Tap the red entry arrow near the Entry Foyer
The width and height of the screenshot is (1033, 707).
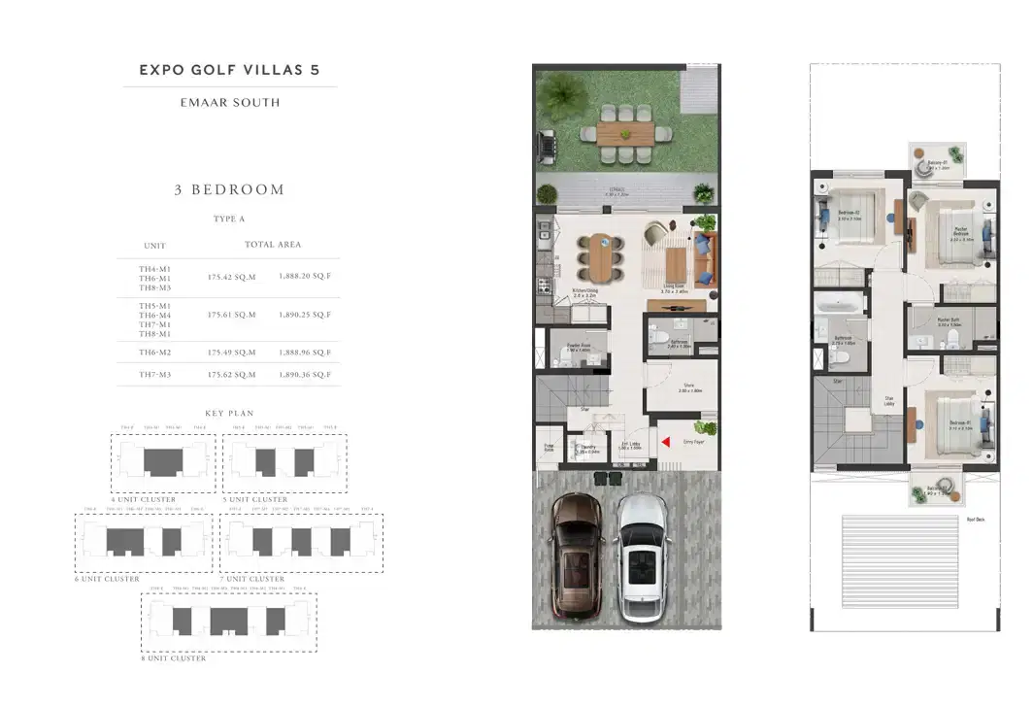pos(666,444)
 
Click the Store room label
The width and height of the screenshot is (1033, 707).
pos(689,387)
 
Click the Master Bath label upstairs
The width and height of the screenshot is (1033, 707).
pos(949,321)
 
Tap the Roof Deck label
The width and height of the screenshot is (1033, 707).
pos(976,520)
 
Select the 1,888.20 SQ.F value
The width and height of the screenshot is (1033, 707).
pos(306,276)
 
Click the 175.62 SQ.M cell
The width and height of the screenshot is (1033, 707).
pos(231,374)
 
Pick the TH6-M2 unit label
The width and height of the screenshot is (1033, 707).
pos(153,353)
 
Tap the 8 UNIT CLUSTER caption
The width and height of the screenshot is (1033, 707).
pos(174,658)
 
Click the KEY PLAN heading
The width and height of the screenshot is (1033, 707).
pos(229,414)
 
